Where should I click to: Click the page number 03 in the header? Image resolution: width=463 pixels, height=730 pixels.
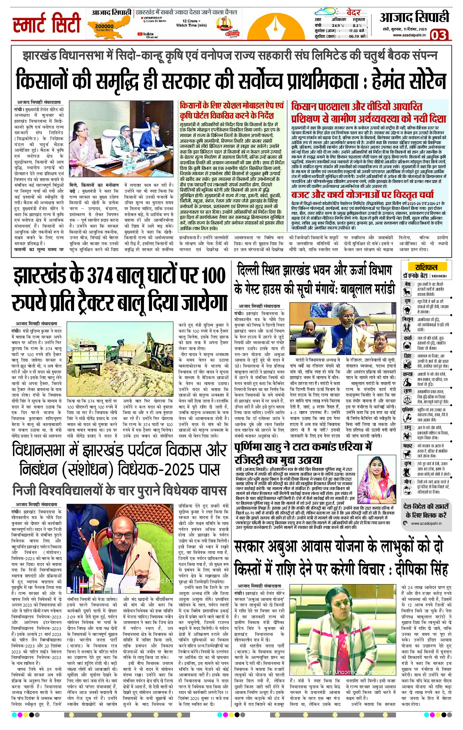coord(438,35)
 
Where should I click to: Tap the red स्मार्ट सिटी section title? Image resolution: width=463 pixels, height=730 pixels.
coord(47,23)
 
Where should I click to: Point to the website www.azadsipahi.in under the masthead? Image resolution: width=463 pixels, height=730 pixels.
coord(409,35)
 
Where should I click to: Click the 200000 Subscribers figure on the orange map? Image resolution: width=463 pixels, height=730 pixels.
coord(104,27)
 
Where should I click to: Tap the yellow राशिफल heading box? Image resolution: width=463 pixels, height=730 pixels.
coord(426,267)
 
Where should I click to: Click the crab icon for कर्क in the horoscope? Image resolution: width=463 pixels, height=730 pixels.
coord(407,346)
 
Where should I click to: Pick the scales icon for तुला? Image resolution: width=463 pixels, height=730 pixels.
coord(407,399)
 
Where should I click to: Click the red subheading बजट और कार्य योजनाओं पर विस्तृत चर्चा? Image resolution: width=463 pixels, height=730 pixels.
coord(362,194)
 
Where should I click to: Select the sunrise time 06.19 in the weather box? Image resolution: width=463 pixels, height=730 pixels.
coord(354,36)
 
